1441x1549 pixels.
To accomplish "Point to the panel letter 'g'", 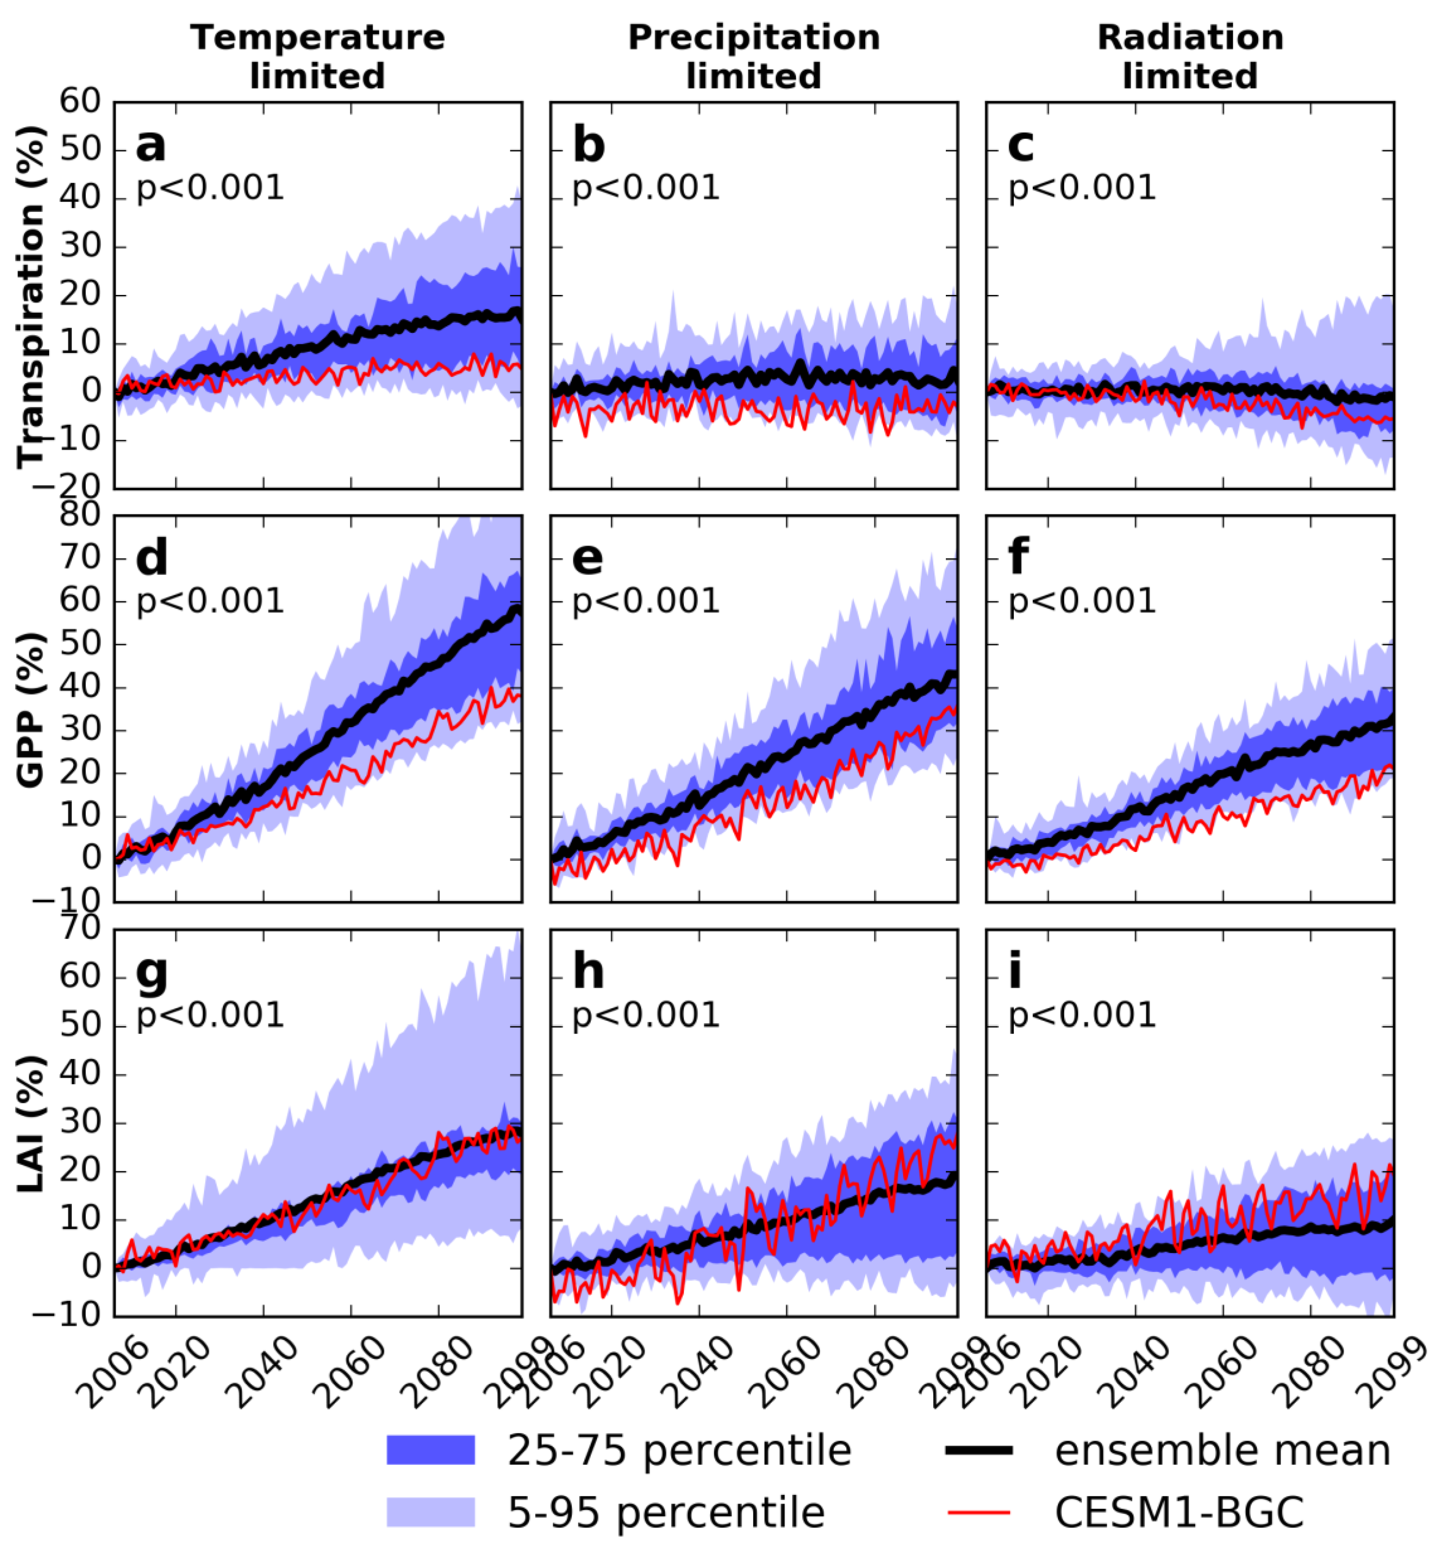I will pos(151,974).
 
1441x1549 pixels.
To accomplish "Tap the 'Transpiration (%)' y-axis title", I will pos(31,296).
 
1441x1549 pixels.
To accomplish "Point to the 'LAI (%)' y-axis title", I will pos(31,1123).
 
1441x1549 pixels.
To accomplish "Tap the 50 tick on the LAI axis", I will pos(80,1025).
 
